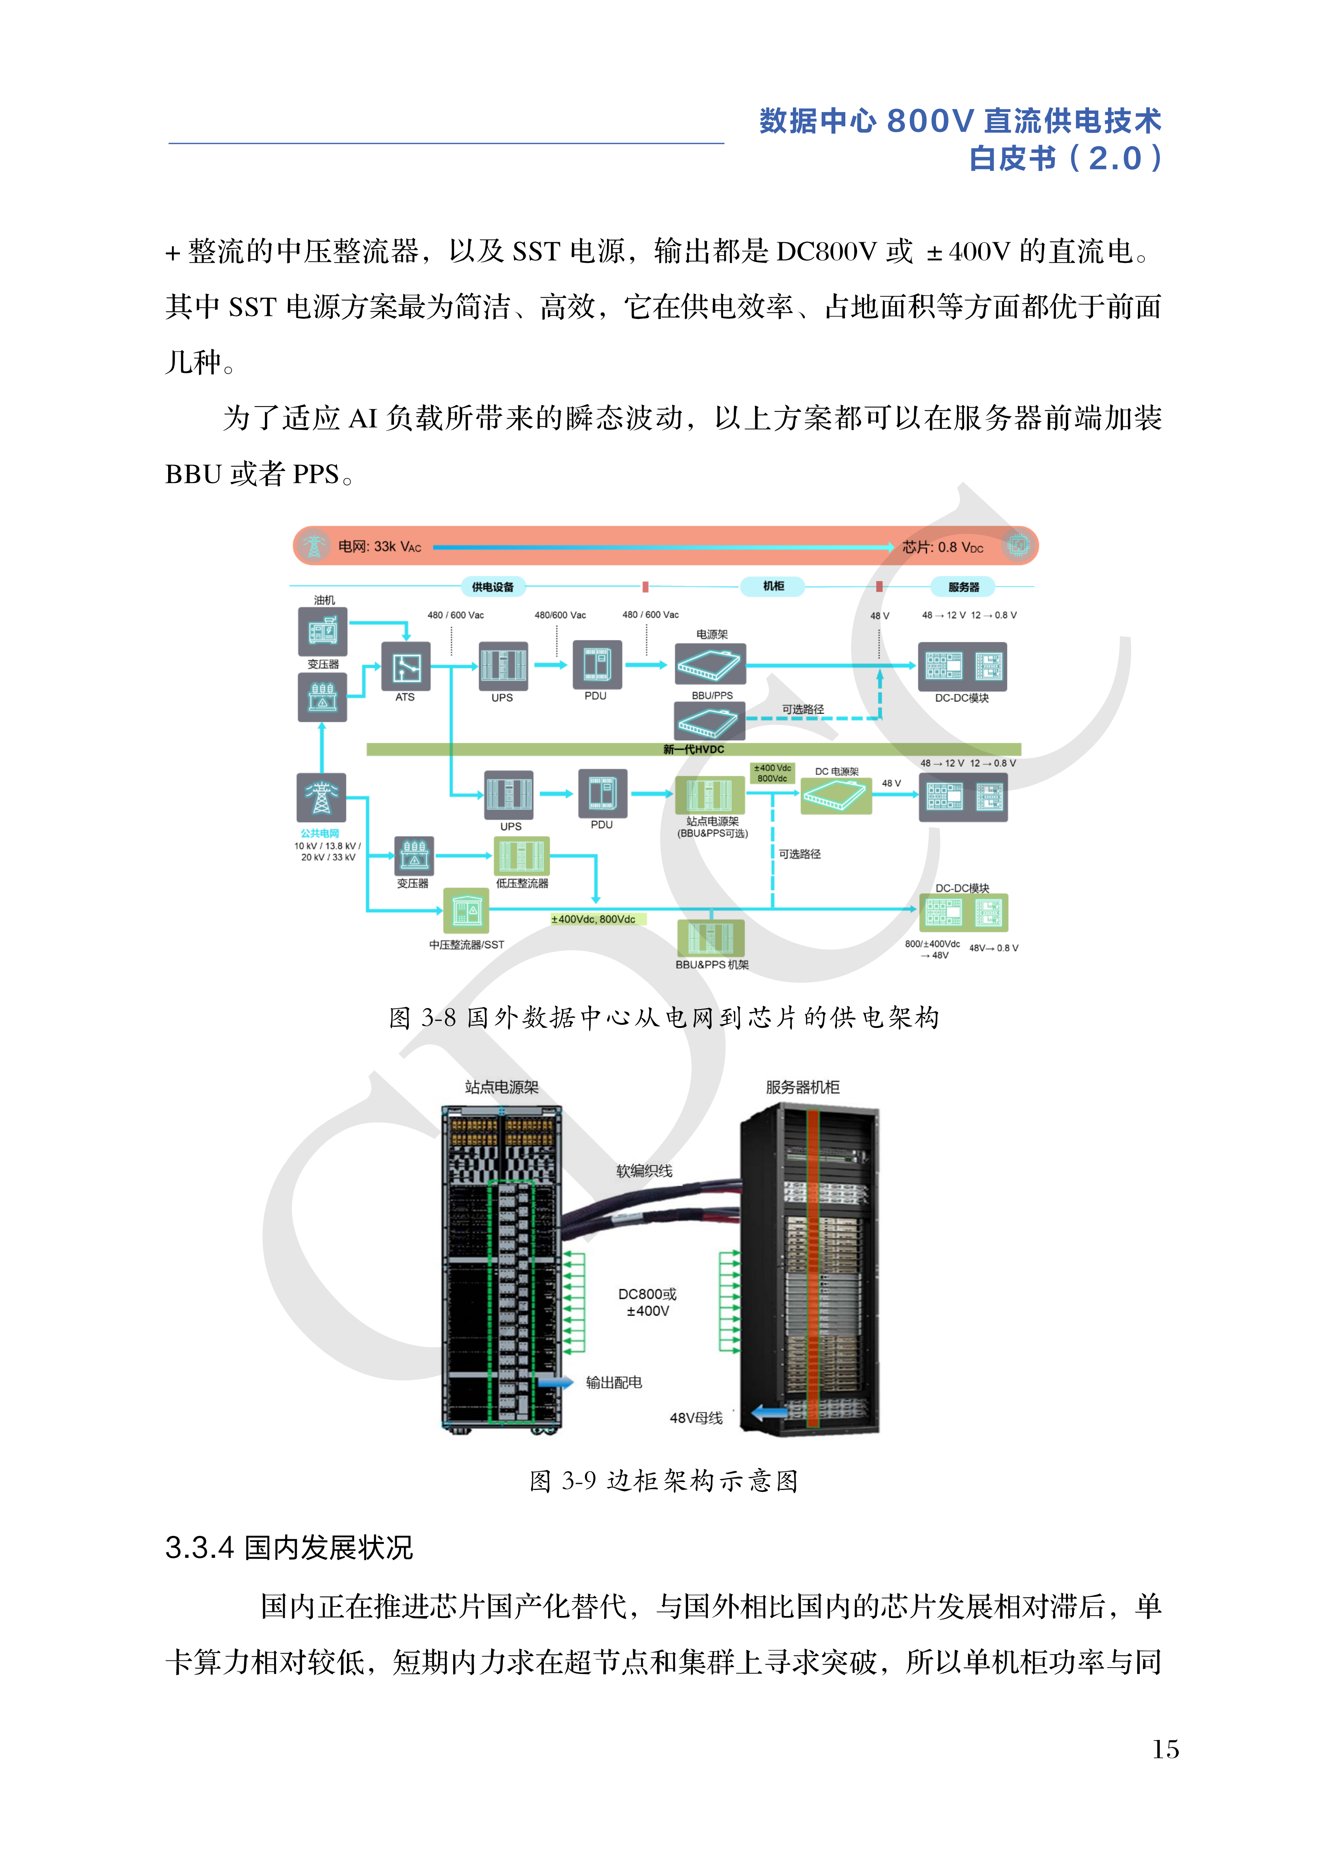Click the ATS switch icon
tap(406, 667)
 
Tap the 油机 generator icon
tap(323, 632)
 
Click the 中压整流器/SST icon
tap(466, 910)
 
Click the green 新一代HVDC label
tap(693, 749)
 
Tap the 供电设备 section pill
tap(493, 587)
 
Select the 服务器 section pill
tap(963, 587)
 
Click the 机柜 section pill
tap(773, 586)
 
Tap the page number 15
tap(1165, 1750)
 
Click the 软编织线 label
tap(644, 1171)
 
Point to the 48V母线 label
tap(696, 1418)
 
